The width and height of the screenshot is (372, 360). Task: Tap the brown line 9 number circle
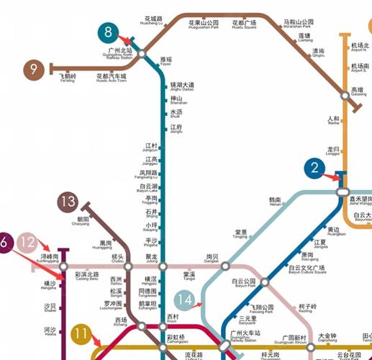[x=33, y=69]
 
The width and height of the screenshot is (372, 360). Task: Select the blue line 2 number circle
[x=314, y=169]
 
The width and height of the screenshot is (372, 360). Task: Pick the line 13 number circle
[x=69, y=201]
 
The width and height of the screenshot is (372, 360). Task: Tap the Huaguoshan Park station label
[x=202, y=25]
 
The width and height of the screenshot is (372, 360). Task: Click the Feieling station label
[x=67, y=78]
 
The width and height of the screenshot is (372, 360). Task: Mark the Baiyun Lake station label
[x=148, y=189]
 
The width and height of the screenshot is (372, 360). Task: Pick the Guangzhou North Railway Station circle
[x=142, y=54]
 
